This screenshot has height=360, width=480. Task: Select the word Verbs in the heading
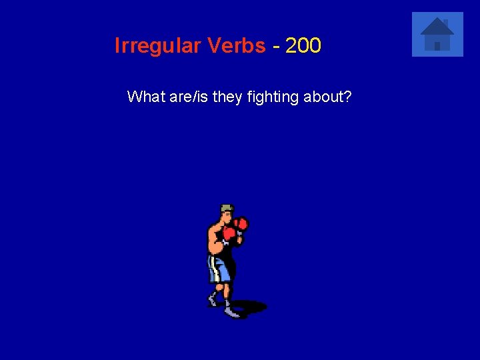pyautogui.click(x=236, y=46)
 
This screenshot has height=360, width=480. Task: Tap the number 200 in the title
pyautogui.click(x=303, y=46)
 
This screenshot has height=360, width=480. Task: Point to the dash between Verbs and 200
pyautogui.click(x=275, y=47)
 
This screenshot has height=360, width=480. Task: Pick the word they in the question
pyautogui.click(x=228, y=97)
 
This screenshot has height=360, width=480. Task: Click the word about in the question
pyautogui.click(x=324, y=97)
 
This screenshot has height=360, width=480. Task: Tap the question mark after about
pyautogui.click(x=348, y=97)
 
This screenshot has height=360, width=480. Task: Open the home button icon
pyautogui.click(x=437, y=34)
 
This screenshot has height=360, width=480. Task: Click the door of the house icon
pyautogui.click(x=437, y=45)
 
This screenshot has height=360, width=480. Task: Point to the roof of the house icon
pyautogui.click(x=437, y=27)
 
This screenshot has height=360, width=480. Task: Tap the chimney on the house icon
pyautogui.click(x=445, y=22)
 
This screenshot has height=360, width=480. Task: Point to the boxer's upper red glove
pyautogui.click(x=241, y=223)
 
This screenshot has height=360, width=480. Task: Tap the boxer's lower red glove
pyautogui.click(x=230, y=234)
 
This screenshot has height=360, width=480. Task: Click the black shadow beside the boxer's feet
pyautogui.click(x=253, y=307)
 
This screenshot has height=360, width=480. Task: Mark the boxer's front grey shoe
pyautogui.click(x=231, y=311)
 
